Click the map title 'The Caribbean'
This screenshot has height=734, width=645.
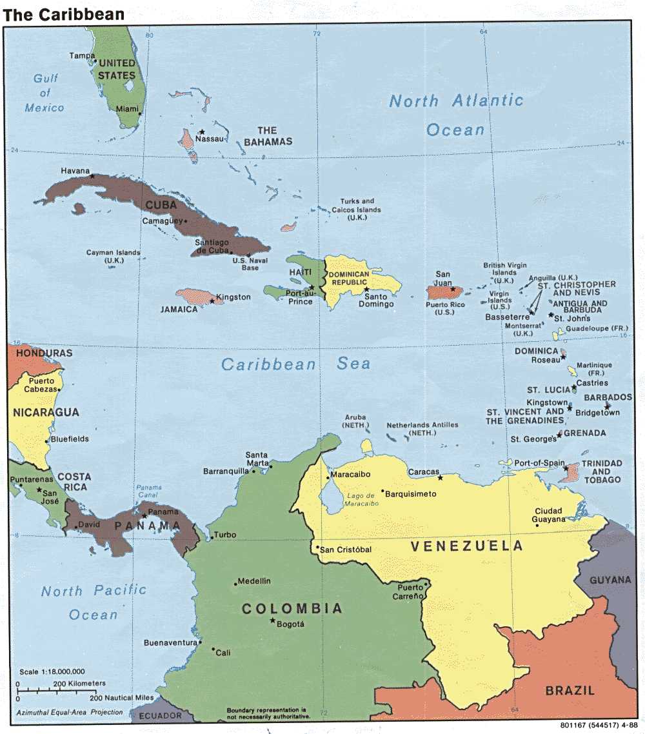(x=63, y=14)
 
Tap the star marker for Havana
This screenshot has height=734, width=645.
(x=92, y=176)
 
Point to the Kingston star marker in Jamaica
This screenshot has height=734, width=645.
(x=212, y=301)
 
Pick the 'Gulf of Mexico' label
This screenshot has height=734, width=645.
(x=45, y=93)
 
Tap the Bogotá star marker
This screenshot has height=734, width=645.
(x=272, y=620)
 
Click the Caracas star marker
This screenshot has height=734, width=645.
(x=441, y=478)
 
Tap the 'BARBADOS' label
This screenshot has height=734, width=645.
(x=608, y=397)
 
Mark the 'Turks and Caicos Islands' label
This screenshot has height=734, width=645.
(x=356, y=210)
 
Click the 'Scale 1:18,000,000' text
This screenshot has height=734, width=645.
(x=52, y=671)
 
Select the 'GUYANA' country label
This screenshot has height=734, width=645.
(x=610, y=580)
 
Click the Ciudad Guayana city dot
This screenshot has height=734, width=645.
(x=537, y=525)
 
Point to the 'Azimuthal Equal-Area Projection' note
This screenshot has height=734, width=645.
(x=70, y=711)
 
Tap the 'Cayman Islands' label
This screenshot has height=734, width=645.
(x=113, y=256)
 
